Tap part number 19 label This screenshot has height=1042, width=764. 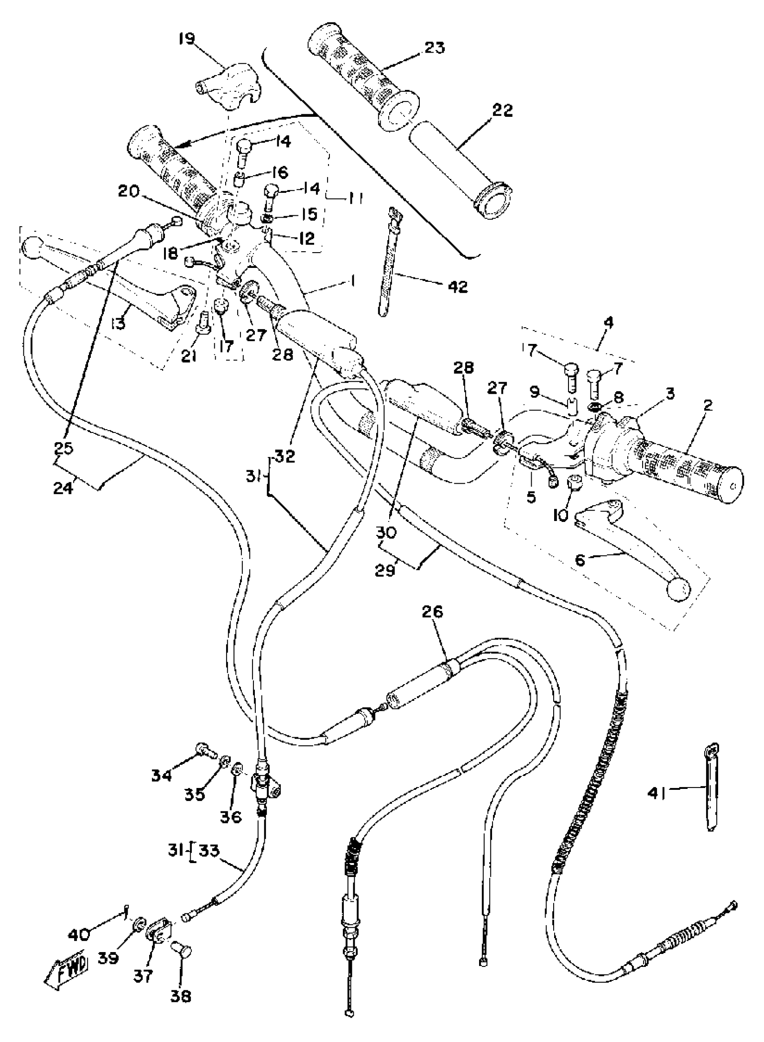(188, 38)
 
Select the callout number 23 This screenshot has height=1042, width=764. (434, 48)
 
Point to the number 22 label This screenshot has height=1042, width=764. (502, 111)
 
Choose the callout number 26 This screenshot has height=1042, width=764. (432, 612)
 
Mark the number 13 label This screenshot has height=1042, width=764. (118, 323)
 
